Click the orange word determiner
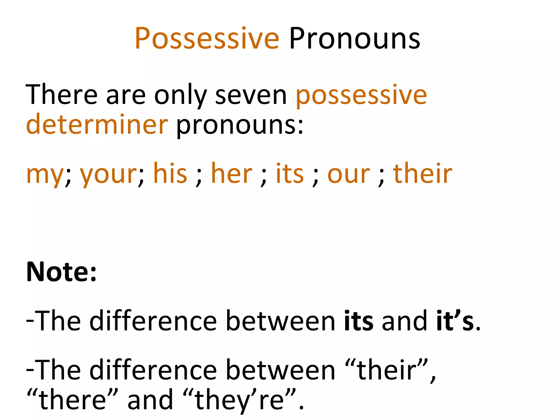tap(97, 124)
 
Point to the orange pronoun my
tap(45, 175)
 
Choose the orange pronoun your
tap(108, 175)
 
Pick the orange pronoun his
tap(170, 173)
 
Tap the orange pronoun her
tap(232, 173)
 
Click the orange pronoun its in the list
tap(290, 173)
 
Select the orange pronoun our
tap(349, 175)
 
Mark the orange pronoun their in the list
tap(423, 173)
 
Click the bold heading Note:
tap(61, 272)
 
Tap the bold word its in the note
tap(359, 321)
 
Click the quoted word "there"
tap(72, 400)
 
